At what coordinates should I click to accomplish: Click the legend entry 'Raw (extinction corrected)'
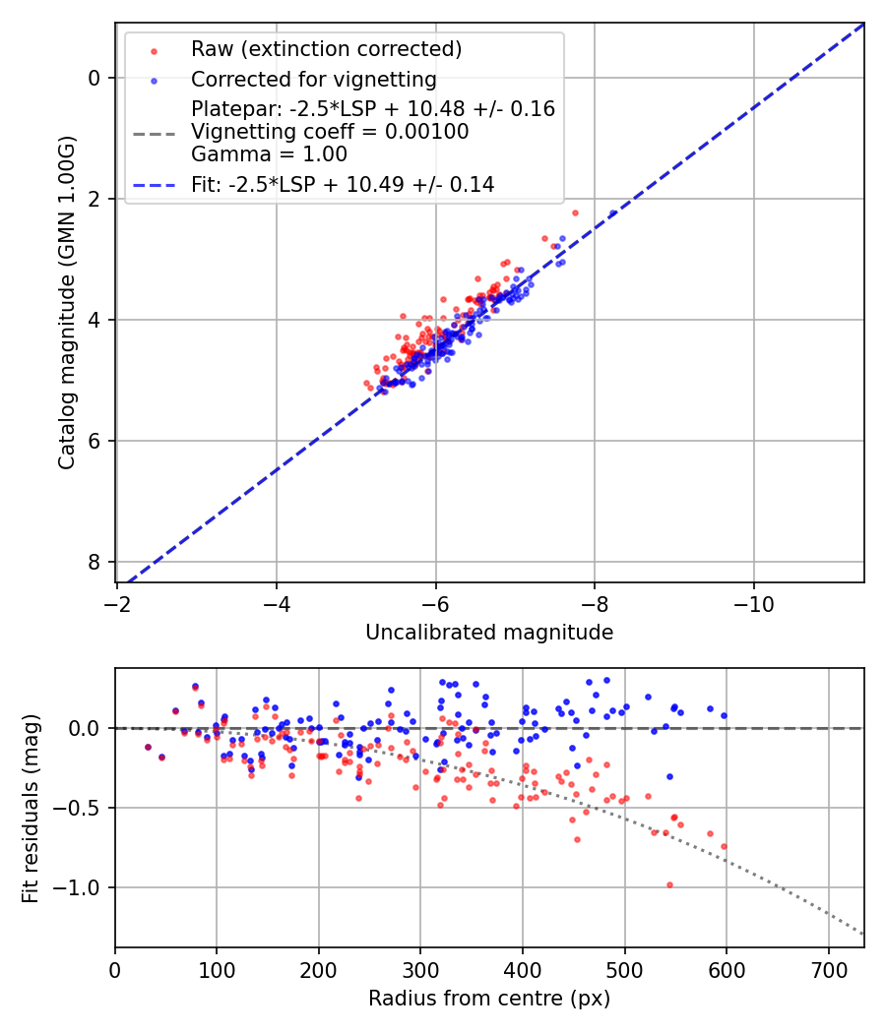(x=326, y=49)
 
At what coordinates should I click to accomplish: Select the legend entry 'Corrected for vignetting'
(x=313, y=79)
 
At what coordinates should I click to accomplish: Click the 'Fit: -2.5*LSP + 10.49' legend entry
(x=343, y=184)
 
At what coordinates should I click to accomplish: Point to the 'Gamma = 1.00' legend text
(x=269, y=153)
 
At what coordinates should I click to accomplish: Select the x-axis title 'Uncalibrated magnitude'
(x=489, y=633)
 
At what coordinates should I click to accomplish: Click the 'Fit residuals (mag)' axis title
(x=31, y=808)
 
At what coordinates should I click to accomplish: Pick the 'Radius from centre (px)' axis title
(x=489, y=999)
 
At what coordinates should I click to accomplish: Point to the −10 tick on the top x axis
(x=753, y=600)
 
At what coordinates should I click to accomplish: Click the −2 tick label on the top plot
(x=117, y=600)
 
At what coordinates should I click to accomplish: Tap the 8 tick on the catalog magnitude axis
(x=95, y=562)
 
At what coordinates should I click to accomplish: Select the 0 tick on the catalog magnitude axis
(x=95, y=78)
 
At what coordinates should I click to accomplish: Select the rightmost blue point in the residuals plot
(x=724, y=715)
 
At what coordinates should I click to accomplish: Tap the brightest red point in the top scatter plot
(x=575, y=213)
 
